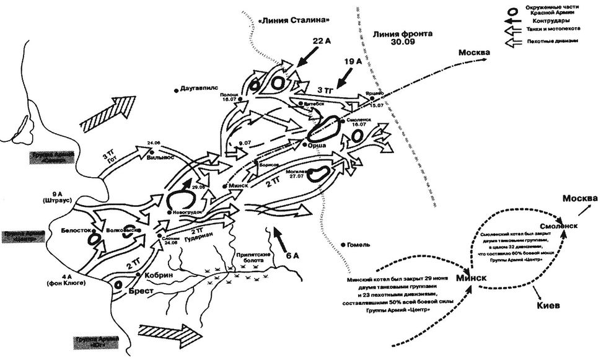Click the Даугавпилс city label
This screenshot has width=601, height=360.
(198, 89)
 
